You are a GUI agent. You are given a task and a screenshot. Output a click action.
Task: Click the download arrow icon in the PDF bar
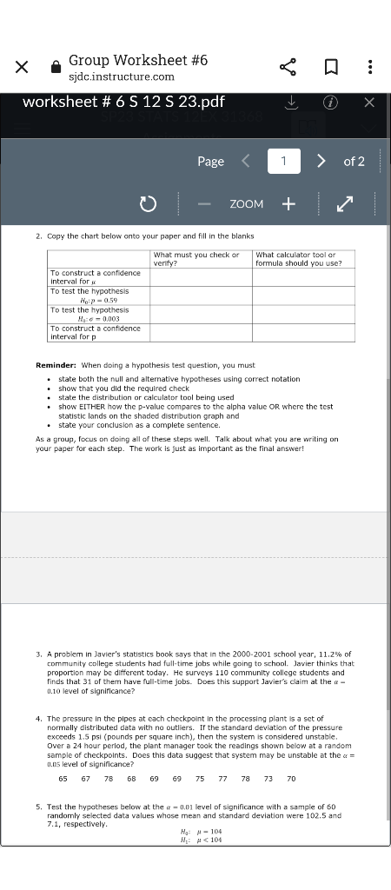(x=293, y=103)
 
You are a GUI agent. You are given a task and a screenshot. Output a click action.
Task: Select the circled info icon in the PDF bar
(x=330, y=103)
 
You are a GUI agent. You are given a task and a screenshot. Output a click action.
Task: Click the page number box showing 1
(x=283, y=161)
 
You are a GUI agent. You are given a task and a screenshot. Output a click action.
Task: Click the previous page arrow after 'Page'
(x=245, y=161)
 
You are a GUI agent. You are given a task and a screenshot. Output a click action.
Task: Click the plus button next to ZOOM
(x=288, y=203)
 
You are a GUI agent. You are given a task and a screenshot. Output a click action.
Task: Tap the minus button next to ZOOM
(x=204, y=203)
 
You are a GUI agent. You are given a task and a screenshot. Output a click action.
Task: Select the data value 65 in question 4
(x=63, y=778)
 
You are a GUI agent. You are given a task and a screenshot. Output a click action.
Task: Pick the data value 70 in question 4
(x=291, y=778)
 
